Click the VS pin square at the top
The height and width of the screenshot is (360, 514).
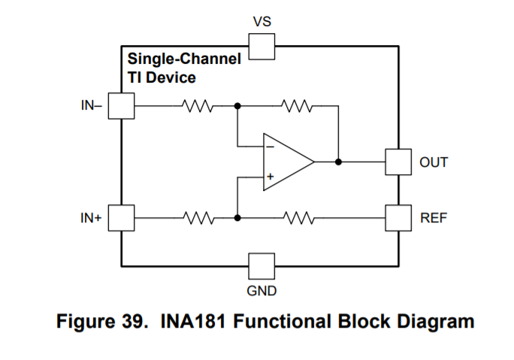(x=262, y=47)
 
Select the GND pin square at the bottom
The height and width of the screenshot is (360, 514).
(x=262, y=265)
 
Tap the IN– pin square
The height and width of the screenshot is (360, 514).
(x=121, y=106)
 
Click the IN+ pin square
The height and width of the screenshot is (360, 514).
(x=121, y=218)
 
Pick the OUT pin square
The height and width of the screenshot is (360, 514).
(x=398, y=162)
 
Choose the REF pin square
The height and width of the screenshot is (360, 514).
(x=398, y=218)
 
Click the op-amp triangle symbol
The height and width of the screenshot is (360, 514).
(x=286, y=162)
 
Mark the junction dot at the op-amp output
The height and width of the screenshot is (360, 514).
(x=339, y=162)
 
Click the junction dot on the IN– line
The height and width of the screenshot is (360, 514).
(x=237, y=106)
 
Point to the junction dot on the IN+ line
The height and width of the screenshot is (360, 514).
(x=237, y=218)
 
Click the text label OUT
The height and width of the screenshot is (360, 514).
(x=434, y=162)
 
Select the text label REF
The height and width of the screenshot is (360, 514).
(x=434, y=219)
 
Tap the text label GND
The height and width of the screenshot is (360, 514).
(x=262, y=290)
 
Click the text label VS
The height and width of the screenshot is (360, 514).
(x=262, y=22)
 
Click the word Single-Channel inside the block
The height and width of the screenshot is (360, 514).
(x=184, y=59)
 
